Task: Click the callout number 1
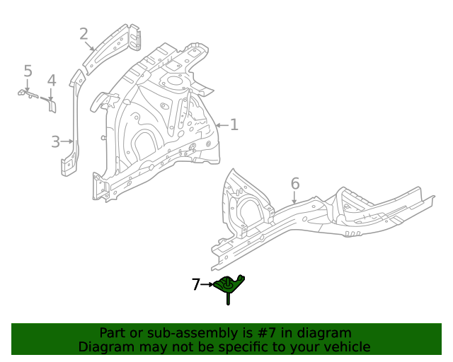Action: (234, 125)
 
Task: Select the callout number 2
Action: (84, 34)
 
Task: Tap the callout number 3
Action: (56, 142)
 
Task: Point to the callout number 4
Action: (51, 81)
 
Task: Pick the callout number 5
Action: (28, 71)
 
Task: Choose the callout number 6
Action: (295, 184)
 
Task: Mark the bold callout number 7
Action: (196, 285)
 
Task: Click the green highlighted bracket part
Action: (230, 285)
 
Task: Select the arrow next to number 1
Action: (221, 126)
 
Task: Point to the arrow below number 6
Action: (295, 199)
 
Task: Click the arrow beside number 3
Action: (69, 141)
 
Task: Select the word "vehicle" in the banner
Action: (346, 346)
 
